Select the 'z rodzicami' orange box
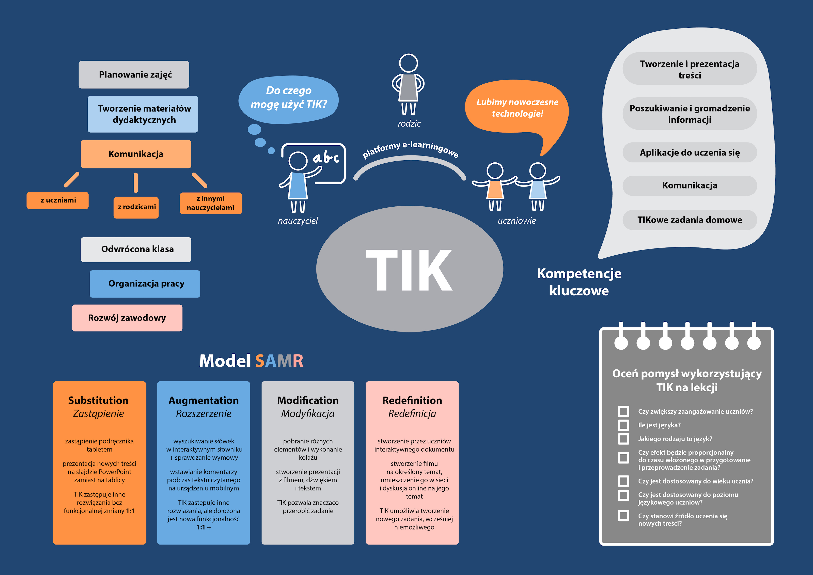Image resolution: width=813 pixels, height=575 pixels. click(x=136, y=207)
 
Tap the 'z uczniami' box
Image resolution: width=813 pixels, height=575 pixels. click(x=58, y=200)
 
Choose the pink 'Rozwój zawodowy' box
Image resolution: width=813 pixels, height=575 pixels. click(x=127, y=318)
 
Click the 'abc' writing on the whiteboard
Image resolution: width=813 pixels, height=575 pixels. click(x=326, y=158)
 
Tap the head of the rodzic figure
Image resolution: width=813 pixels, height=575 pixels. click(x=408, y=63)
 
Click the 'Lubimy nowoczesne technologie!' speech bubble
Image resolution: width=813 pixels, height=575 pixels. click(x=517, y=108)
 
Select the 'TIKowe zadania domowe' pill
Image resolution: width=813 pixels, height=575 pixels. click(x=690, y=220)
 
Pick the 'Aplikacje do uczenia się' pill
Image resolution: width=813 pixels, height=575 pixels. click(x=690, y=153)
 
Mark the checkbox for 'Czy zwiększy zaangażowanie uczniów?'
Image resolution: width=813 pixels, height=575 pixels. click(x=623, y=411)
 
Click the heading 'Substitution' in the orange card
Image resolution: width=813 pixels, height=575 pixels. click(x=98, y=400)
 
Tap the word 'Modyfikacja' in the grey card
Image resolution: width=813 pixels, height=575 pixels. click(x=308, y=414)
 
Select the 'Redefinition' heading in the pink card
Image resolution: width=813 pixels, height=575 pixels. click(x=412, y=400)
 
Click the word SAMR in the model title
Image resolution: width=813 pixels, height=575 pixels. click(x=279, y=361)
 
